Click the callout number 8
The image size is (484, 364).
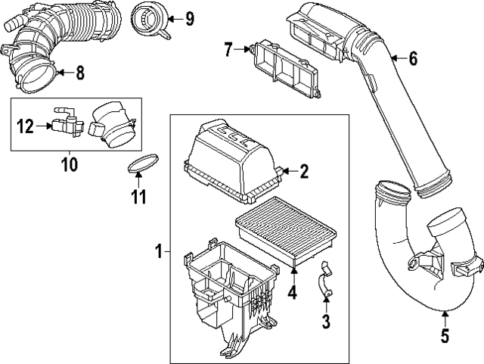(80, 73)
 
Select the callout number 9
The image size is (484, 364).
(189, 17)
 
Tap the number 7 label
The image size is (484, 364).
(228, 50)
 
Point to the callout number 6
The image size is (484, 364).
(413, 58)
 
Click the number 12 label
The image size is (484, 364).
(25, 126)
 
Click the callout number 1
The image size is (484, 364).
(159, 249)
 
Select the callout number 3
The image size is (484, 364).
(326, 322)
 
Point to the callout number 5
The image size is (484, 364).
(445, 334)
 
